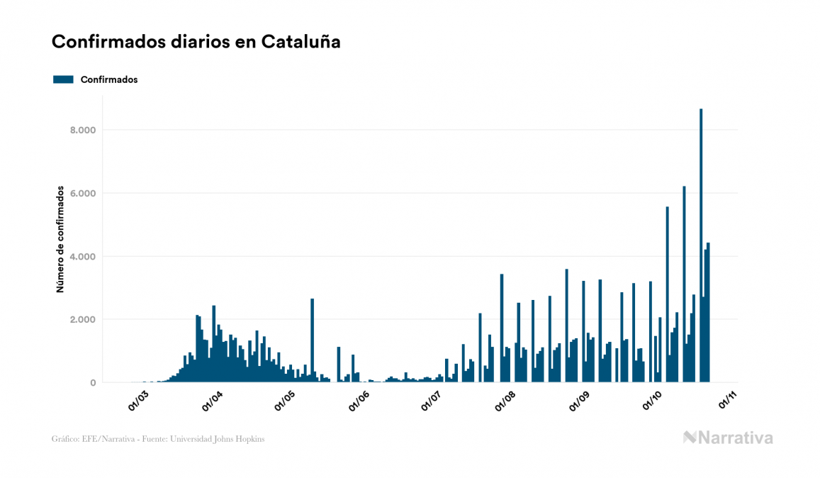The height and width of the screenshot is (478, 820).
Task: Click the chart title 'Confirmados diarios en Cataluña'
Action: point(196,42)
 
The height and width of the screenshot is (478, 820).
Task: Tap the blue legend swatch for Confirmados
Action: point(63,79)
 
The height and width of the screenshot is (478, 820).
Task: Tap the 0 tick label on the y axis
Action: point(93,383)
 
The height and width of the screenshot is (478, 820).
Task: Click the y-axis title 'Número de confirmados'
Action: point(61,240)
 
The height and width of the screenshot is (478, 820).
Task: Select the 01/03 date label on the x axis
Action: point(138,401)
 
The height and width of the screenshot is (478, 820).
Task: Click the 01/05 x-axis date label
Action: point(285,401)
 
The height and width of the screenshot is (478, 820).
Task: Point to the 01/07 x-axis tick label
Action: point(432,401)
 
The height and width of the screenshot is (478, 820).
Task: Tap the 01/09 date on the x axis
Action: point(580,401)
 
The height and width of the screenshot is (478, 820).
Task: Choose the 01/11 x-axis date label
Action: point(728,401)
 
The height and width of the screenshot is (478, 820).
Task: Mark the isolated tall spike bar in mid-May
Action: point(312,340)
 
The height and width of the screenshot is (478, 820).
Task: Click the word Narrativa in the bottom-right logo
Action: point(736,438)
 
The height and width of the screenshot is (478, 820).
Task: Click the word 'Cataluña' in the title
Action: point(301,42)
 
